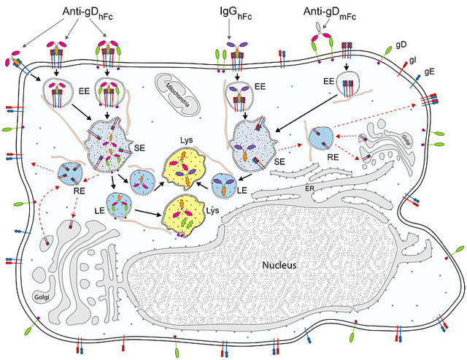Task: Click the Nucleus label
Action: [279, 265]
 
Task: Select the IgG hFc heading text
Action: [231, 12]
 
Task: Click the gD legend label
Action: [401, 45]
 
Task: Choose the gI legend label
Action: [413, 60]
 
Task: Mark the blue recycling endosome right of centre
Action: [322, 137]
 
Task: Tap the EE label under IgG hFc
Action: [260, 87]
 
